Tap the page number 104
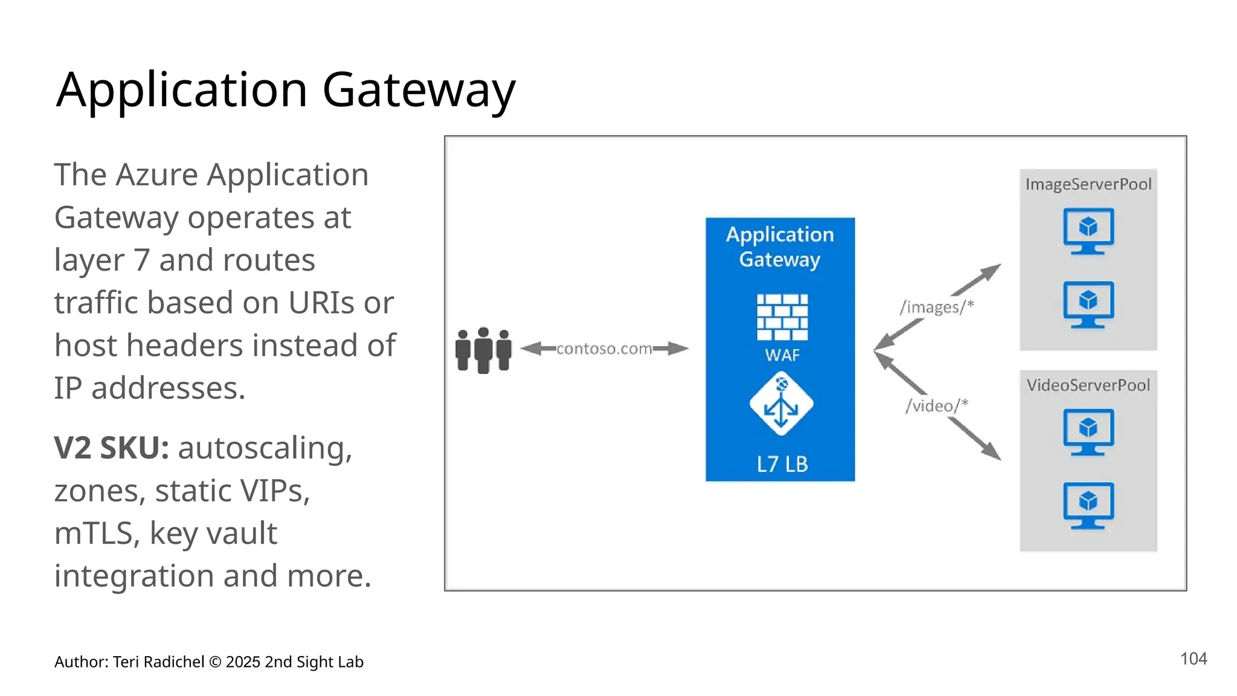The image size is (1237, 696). (x=1193, y=659)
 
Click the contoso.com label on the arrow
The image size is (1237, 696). (x=604, y=349)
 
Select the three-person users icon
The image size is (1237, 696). (x=483, y=350)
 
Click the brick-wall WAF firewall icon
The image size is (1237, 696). (x=782, y=317)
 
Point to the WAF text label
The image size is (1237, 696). (x=782, y=355)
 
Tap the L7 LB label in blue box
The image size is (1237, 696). (x=782, y=464)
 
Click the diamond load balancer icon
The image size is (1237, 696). (x=781, y=404)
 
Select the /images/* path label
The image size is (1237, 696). (x=936, y=307)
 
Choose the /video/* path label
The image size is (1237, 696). (x=936, y=405)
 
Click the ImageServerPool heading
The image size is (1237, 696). (x=1088, y=184)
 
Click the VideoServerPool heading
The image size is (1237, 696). (x=1088, y=385)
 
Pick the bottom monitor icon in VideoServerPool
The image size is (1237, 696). (x=1088, y=505)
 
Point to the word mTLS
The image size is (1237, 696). (x=93, y=533)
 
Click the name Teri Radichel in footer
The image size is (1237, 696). (x=158, y=662)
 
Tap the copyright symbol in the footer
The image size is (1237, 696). (x=215, y=662)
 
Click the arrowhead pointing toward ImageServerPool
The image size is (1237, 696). (x=991, y=271)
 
